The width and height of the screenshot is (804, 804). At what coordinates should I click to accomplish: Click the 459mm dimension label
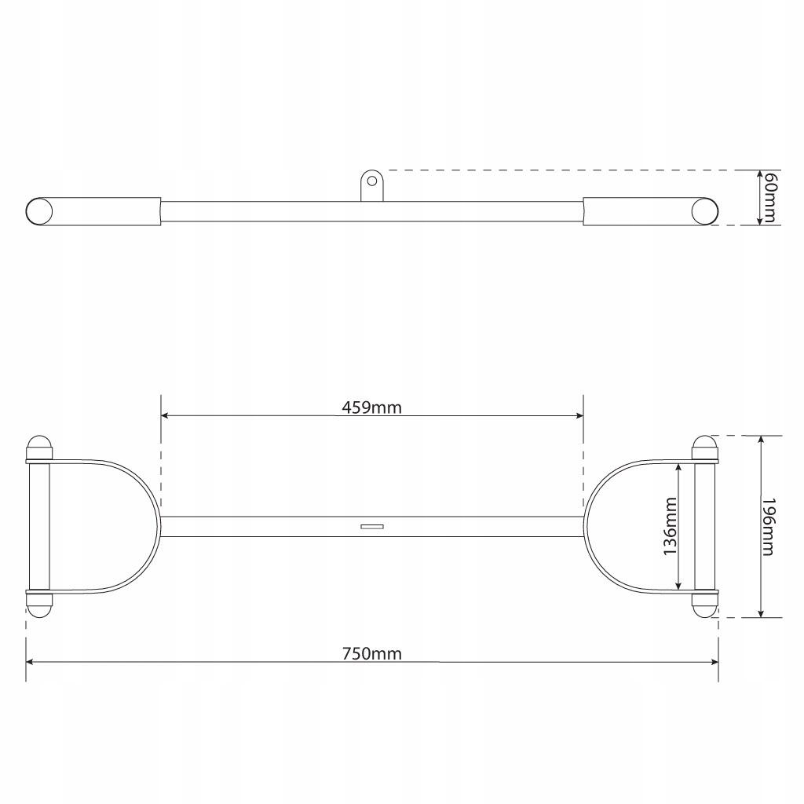371,407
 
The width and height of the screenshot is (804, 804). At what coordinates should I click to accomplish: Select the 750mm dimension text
371,654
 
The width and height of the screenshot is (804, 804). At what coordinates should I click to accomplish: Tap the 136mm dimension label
671,526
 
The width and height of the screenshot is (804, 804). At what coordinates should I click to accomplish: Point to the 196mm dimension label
768,527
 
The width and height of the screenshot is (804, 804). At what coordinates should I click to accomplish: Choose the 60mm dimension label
769,197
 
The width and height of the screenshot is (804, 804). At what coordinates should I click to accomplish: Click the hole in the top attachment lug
371,181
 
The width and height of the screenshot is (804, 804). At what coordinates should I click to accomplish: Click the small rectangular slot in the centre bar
372,526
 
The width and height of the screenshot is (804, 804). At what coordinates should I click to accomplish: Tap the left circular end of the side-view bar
39,211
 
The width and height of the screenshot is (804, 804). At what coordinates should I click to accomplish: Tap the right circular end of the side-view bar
704,211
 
